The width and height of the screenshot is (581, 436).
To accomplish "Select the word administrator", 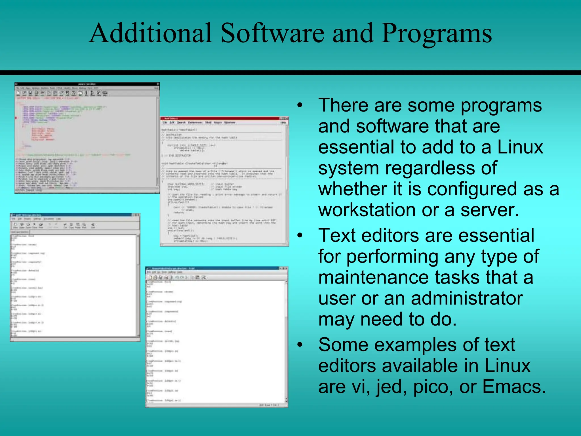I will [x=467, y=298].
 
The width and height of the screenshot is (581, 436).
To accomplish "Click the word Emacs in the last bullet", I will [x=514, y=387].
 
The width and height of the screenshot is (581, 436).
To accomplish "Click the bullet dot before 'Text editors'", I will [x=300, y=236].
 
